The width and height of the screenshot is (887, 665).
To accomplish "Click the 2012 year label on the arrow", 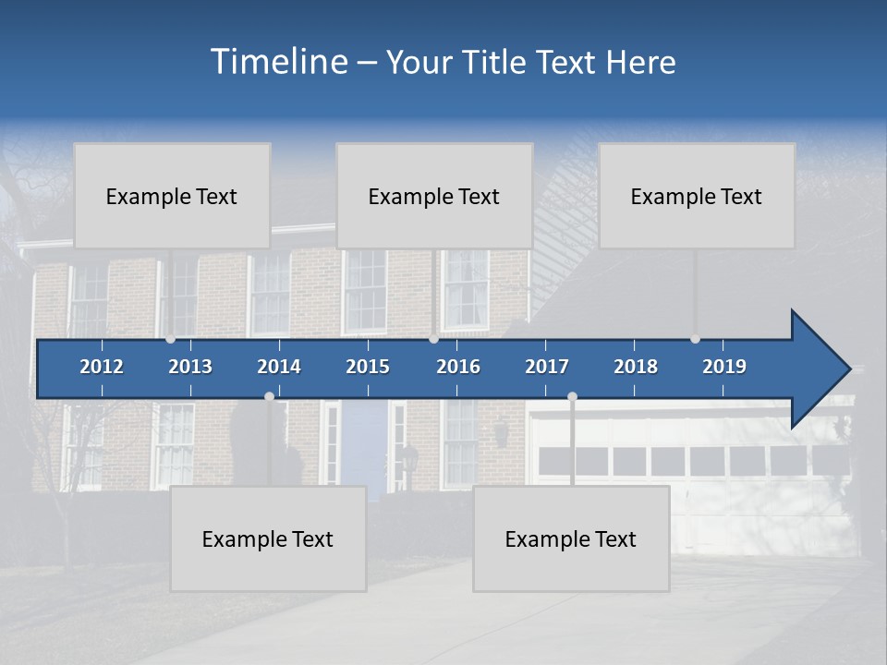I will [x=102, y=367].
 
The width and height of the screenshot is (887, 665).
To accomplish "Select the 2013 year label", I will [x=190, y=367].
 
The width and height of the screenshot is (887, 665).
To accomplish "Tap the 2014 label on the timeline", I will [x=279, y=367].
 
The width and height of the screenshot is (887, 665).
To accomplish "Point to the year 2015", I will [x=368, y=367].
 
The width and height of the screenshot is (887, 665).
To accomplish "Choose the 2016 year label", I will [x=458, y=367].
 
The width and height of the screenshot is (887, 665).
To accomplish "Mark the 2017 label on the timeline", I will [x=547, y=367].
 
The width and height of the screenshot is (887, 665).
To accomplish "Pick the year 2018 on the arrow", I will [x=636, y=367].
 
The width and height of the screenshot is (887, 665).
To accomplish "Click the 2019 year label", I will [x=724, y=367].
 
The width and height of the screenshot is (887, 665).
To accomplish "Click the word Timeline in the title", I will [x=278, y=62].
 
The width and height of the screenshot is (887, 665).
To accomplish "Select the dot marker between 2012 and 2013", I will [x=170, y=339].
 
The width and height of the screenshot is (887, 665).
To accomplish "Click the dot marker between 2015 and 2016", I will [x=433, y=339].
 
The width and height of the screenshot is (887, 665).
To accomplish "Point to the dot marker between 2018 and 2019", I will [x=695, y=339].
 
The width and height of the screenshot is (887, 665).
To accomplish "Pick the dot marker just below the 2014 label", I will [x=269, y=396].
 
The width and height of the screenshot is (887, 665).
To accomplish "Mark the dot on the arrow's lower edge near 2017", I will [x=572, y=396].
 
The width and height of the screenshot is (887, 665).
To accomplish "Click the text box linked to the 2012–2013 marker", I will [x=172, y=196].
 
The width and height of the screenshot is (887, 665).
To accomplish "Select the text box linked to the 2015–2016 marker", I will [x=434, y=196].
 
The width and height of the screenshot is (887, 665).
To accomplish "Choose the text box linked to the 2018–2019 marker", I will [x=697, y=196].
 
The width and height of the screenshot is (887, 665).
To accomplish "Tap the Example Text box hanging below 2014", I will [x=268, y=538].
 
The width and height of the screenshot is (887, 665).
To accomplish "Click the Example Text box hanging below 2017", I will [x=571, y=538].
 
